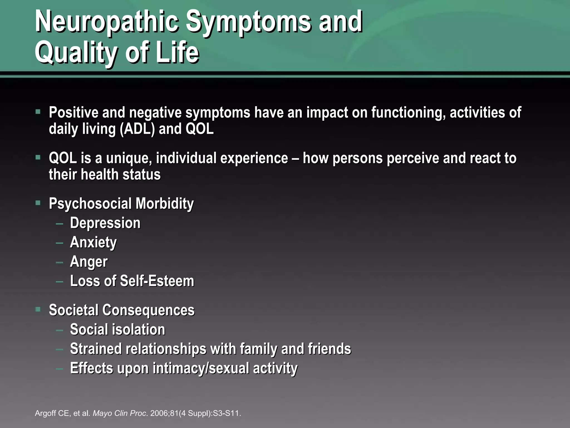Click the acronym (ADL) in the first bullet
click(x=137, y=129)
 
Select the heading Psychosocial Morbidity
click(x=121, y=204)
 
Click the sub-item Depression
click(x=105, y=223)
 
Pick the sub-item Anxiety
click(x=93, y=242)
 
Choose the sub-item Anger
click(x=89, y=262)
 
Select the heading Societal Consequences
click(x=122, y=310)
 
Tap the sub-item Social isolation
click(x=117, y=330)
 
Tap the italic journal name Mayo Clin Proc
click(x=119, y=413)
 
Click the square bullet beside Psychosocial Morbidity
click(x=38, y=203)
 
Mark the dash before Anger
click(x=59, y=262)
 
